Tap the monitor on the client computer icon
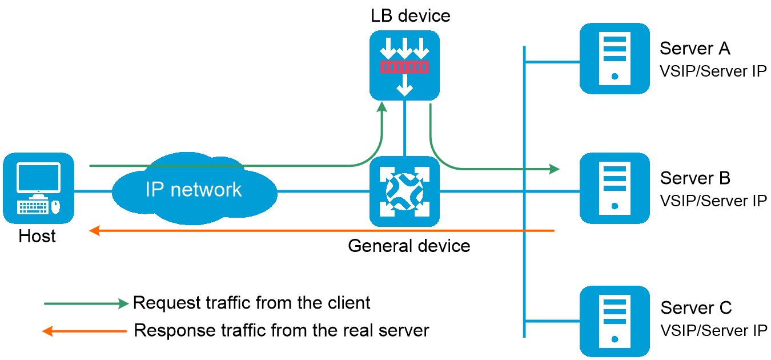pos(38,178)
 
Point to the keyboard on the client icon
pos(33,207)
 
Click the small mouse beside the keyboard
pos(55,207)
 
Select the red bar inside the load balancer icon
pos(404,67)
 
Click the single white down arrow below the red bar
pos(404,85)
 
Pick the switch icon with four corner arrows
pos(404,191)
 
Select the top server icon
pos(615,58)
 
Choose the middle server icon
pos(615,188)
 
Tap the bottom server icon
pos(615,321)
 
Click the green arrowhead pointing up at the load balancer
pos(382,107)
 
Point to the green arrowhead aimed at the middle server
pos(555,169)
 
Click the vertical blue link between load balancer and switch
pos(404,128)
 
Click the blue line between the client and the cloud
pos(93,192)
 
